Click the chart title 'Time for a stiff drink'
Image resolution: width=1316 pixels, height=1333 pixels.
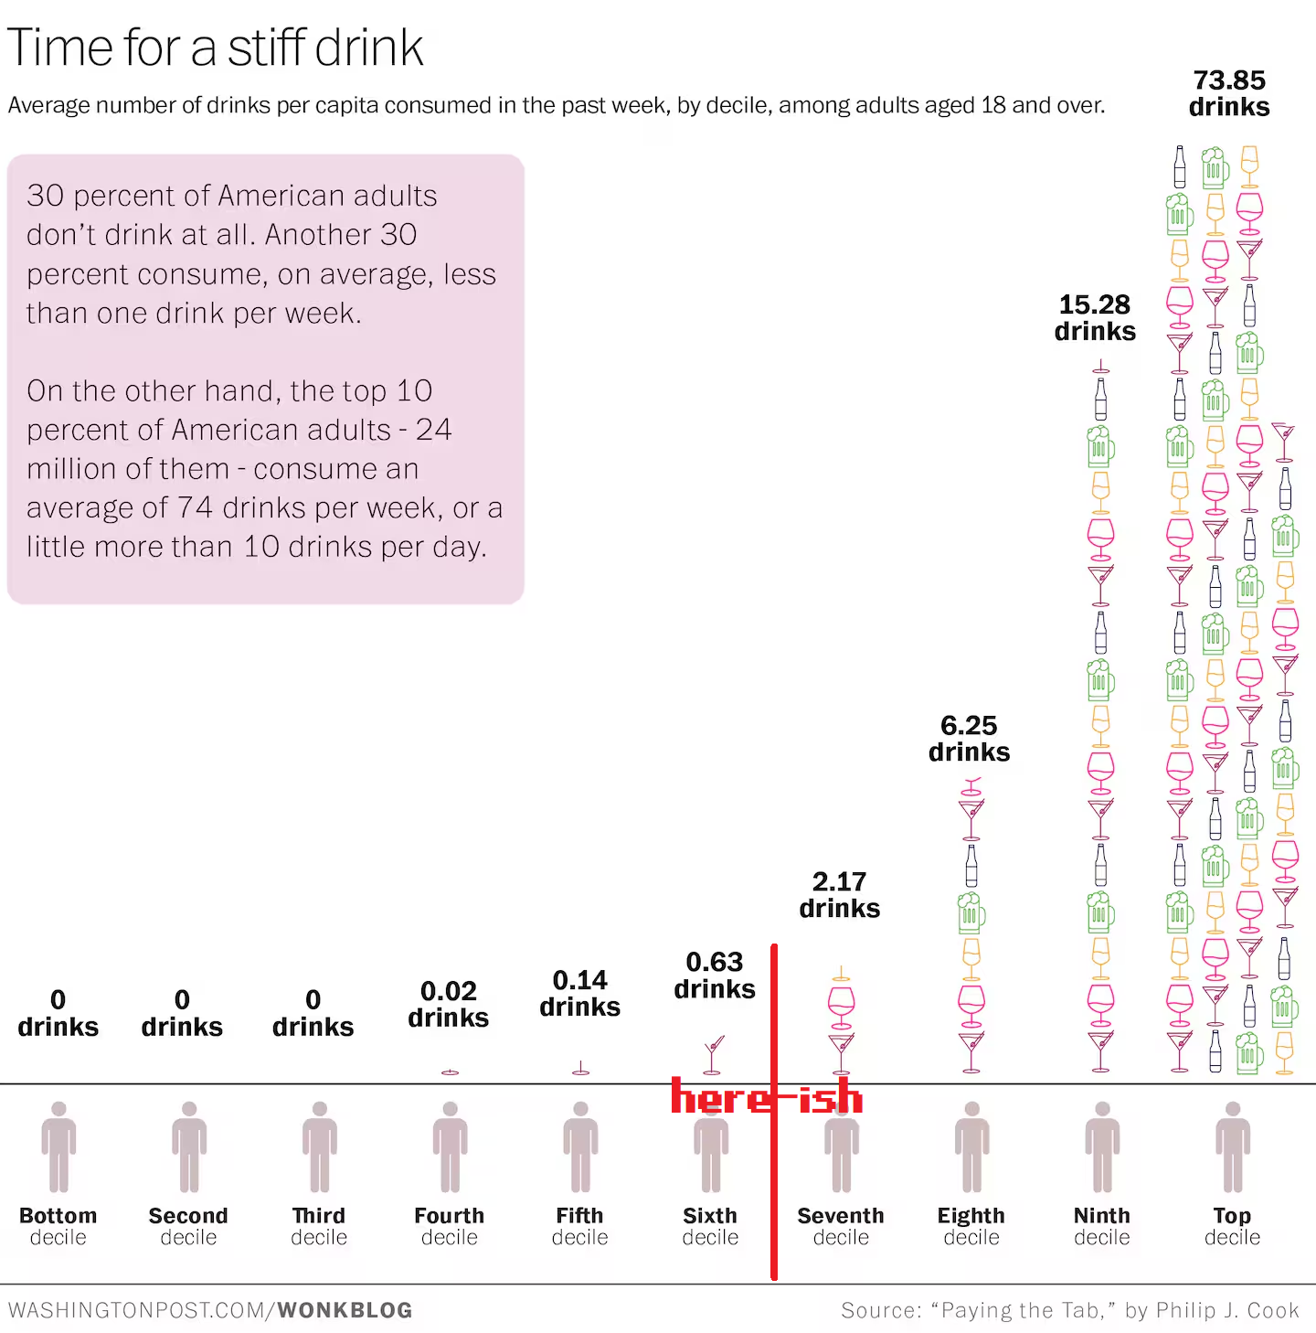216,48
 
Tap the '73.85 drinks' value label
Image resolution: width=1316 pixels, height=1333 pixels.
1229,93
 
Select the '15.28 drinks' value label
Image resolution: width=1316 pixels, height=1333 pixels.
1095,317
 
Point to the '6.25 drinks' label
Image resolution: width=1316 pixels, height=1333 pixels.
969,739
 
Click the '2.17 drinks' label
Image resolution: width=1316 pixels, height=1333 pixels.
839,895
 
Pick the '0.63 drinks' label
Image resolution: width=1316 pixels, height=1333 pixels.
715,976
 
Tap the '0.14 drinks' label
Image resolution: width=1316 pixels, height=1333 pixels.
579,993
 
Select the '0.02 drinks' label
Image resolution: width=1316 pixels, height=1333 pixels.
448,1004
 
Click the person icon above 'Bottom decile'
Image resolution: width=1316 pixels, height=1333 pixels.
58,1146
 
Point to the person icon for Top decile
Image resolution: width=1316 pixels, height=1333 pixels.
1233,1146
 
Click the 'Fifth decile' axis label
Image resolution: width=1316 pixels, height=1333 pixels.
579,1226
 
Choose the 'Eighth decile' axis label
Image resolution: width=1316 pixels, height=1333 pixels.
971,1226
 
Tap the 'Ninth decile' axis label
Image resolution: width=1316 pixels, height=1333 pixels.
1101,1226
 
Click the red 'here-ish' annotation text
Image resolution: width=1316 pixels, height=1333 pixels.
766,1097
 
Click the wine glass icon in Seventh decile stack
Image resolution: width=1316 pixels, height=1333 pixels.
841,1003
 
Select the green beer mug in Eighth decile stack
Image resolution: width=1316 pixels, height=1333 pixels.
971,912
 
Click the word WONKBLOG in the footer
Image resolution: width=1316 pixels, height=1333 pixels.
345,1310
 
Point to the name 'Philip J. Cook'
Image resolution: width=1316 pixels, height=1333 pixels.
1227,1310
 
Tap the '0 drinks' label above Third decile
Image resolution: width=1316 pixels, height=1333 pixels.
313,1013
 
